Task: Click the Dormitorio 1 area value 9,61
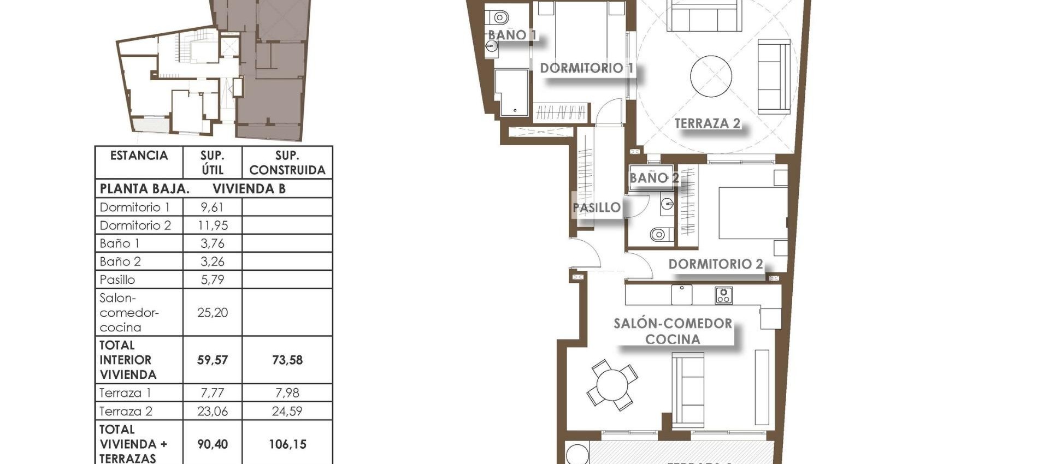pos(212,207)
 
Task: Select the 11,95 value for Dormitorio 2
pos(212,225)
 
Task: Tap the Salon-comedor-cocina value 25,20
pos(212,312)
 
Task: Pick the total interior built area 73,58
pos(287,360)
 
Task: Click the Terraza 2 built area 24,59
pos(287,411)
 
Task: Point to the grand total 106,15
pos(287,444)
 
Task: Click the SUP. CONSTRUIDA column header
pos(287,163)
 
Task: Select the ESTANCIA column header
pos(139,156)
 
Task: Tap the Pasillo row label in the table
pos(117,279)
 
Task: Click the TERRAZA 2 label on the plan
pos(707,123)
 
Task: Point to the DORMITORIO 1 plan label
pos(586,68)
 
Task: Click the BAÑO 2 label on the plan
pos(653,178)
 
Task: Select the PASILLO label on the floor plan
pos(596,207)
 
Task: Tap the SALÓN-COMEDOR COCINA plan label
pos(673,331)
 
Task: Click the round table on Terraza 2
pos(711,76)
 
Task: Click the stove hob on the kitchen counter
pos(723,295)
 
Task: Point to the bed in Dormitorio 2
pos(752,213)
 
